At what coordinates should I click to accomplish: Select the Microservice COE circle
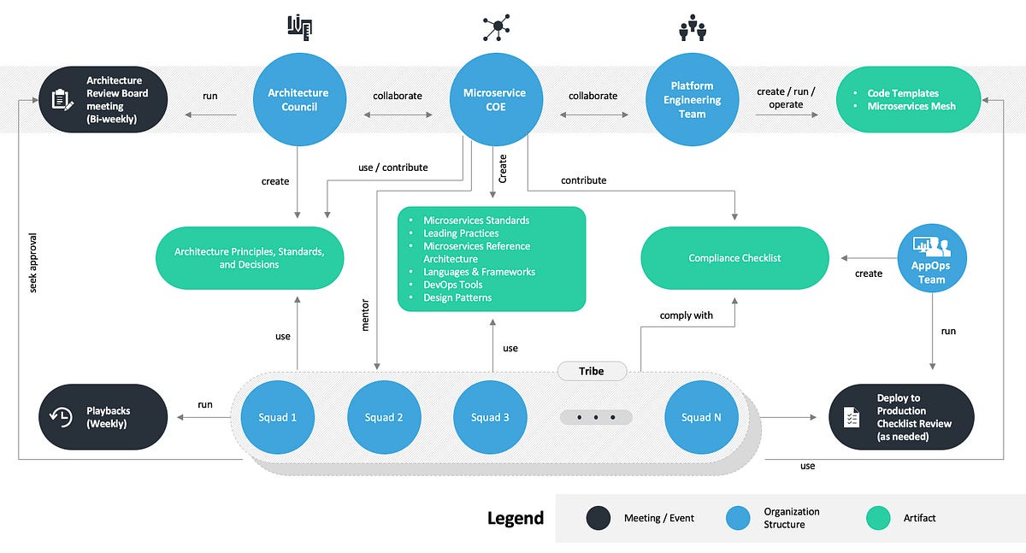point(494,100)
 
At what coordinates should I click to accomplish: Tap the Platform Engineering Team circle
point(692,100)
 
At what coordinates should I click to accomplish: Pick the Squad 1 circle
point(277,417)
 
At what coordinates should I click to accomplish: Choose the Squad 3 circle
point(490,417)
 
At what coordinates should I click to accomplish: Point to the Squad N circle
point(701,417)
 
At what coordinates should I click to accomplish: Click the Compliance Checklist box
point(734,258)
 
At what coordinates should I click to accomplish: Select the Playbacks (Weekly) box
point(103,417)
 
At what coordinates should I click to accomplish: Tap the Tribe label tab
point(592,371)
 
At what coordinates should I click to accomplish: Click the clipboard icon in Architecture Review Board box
point(62,100)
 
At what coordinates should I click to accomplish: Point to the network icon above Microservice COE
point(495,27)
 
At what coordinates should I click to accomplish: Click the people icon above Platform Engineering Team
point(692,29)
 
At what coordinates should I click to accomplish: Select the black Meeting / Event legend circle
point(598,518)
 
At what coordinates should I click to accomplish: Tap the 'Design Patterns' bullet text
point(457,297)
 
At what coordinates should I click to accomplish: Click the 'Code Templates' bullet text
point(903,93)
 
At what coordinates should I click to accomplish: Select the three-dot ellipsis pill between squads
point(596,417)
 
